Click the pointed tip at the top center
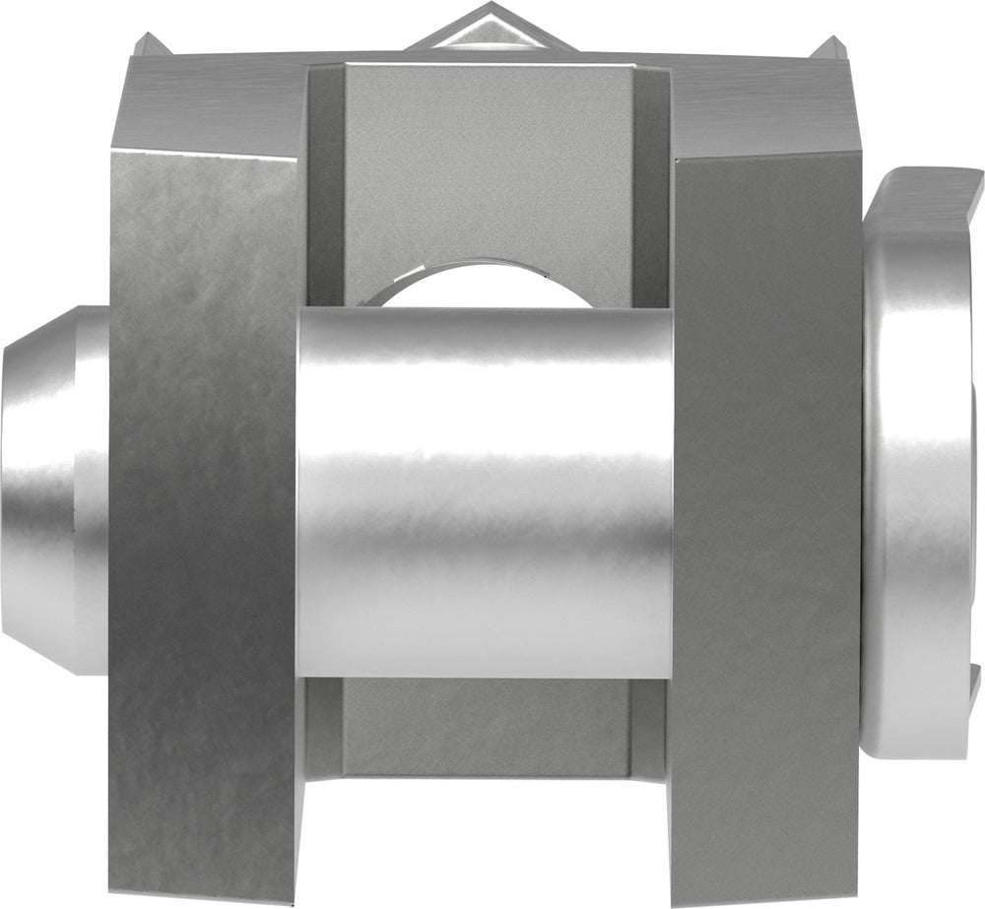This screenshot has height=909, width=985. coord(480,12)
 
